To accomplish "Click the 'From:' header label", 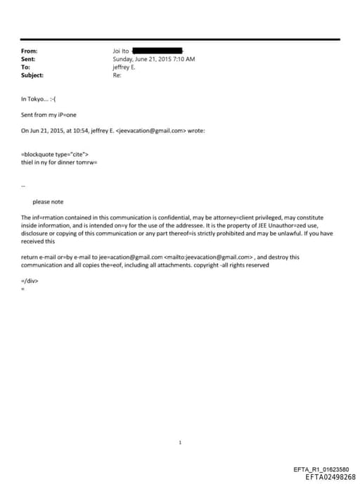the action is click(x=29, y=51).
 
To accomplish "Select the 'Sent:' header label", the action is click(x=28, y=59).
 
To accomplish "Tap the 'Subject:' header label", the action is click(x=32, y=75).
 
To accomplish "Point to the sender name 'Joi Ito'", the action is click(x=121, y=51).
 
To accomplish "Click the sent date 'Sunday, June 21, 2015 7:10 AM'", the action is click(x=153, y=59).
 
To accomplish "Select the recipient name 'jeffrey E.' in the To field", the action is click(x=124, y=68).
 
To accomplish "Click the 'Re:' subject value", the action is click(x=117, y=75).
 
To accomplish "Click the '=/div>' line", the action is click(x=30, y=280).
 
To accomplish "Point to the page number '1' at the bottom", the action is click(x=180, y=442).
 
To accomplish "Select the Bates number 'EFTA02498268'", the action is click(x=330, y=477).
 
